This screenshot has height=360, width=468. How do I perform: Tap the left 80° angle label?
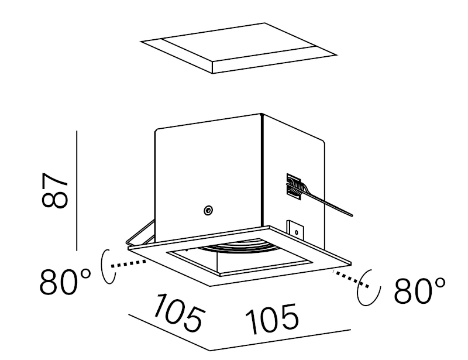(x=65, y=283)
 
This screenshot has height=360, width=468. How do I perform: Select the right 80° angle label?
(x=419, y=290)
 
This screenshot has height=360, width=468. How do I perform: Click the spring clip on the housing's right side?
(x=294, y=188)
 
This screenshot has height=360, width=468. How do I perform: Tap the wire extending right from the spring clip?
(x=328, y=202)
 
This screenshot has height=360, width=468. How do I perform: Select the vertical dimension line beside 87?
(x=77, y=191)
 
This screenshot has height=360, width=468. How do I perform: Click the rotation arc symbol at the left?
(x=106, y=267)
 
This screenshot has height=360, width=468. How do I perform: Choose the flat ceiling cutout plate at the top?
(x=239, y=47)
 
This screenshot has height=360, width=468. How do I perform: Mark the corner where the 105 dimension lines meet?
(x=210, y=350)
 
